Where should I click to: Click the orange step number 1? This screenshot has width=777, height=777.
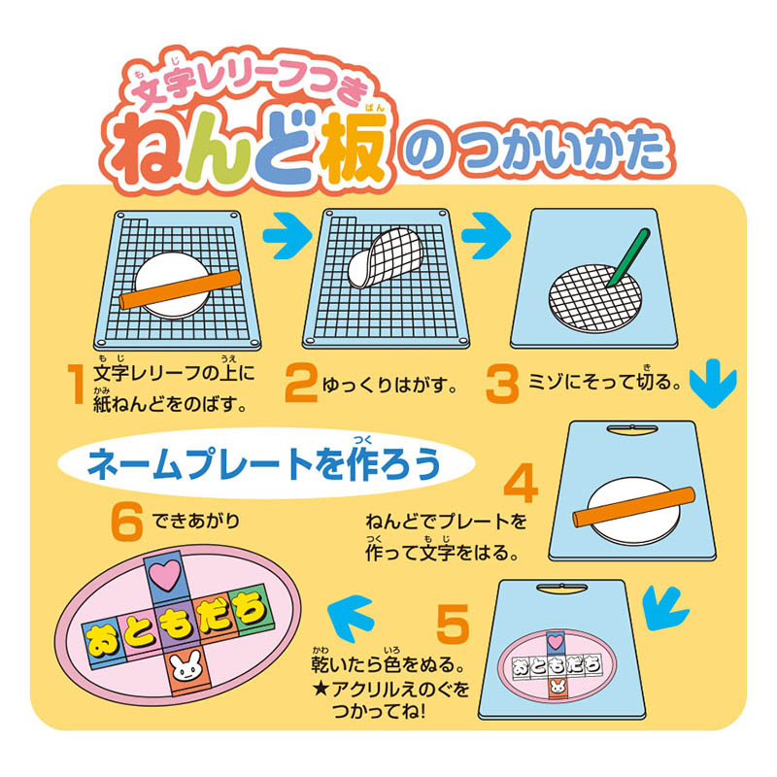76,385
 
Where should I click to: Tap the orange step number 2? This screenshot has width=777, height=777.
301,384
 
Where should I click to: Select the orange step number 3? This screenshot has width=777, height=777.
502,384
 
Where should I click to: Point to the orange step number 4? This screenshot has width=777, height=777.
521,483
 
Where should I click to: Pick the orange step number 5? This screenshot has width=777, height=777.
453,625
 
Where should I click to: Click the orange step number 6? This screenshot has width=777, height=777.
127,522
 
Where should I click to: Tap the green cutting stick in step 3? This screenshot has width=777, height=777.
627,257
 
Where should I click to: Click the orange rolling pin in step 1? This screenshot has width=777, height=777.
181,288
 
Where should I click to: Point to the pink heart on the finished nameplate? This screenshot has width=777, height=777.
165,575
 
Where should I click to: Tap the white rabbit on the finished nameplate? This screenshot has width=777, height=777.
186,667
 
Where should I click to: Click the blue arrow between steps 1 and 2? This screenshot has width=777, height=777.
287,236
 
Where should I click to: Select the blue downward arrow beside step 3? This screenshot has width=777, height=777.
713,383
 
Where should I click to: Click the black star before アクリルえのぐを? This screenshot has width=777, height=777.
321,690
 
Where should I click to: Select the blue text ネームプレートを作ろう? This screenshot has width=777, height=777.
264,464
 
